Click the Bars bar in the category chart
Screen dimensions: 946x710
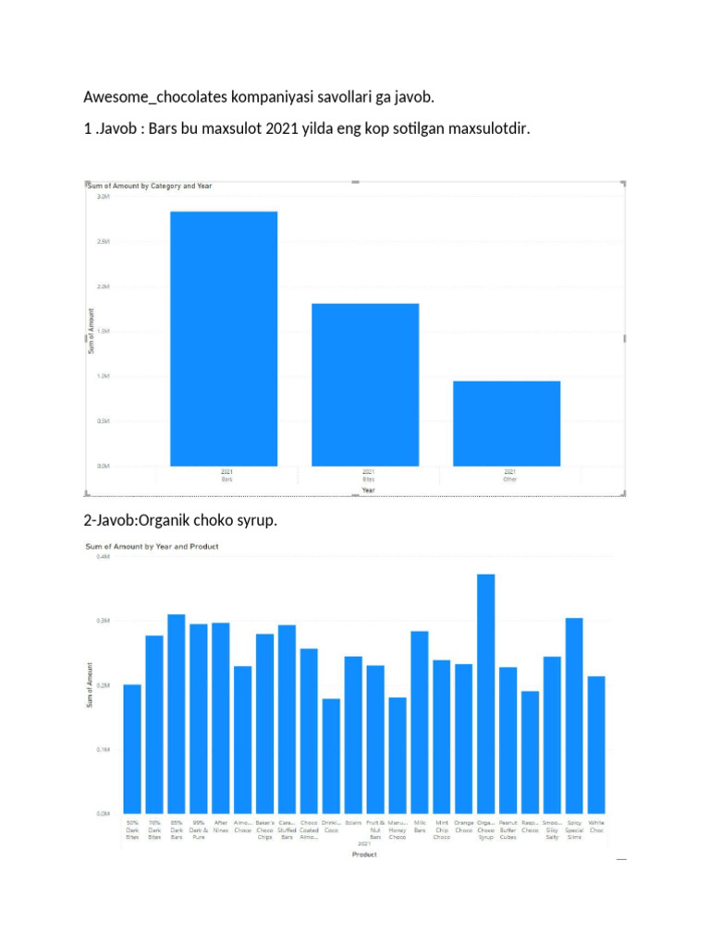(x=224, y=338)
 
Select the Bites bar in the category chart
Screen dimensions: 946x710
(x=365, y=384)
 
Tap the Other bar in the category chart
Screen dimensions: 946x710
(x=507, y=423)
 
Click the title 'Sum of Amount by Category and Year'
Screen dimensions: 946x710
(x=150, y=186)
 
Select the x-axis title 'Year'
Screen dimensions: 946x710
(x=367, y=491)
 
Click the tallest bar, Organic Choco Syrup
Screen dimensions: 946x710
(x=486, y=693)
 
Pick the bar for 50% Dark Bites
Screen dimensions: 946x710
(x=132, y=748)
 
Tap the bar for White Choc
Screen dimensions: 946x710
(x=596, y=744)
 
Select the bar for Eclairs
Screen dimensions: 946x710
(x=353, y=734)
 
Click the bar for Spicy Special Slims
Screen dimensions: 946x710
(x=574, y=715)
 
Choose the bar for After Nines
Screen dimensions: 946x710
(x=221, y=718)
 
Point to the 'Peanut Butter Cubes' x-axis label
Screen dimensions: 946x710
(x=508, y=830)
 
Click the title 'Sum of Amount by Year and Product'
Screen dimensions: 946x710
(x=152, y=546)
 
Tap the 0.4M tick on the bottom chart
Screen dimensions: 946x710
(x=103, y=557)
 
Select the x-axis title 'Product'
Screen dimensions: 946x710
(x=364, y=855)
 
